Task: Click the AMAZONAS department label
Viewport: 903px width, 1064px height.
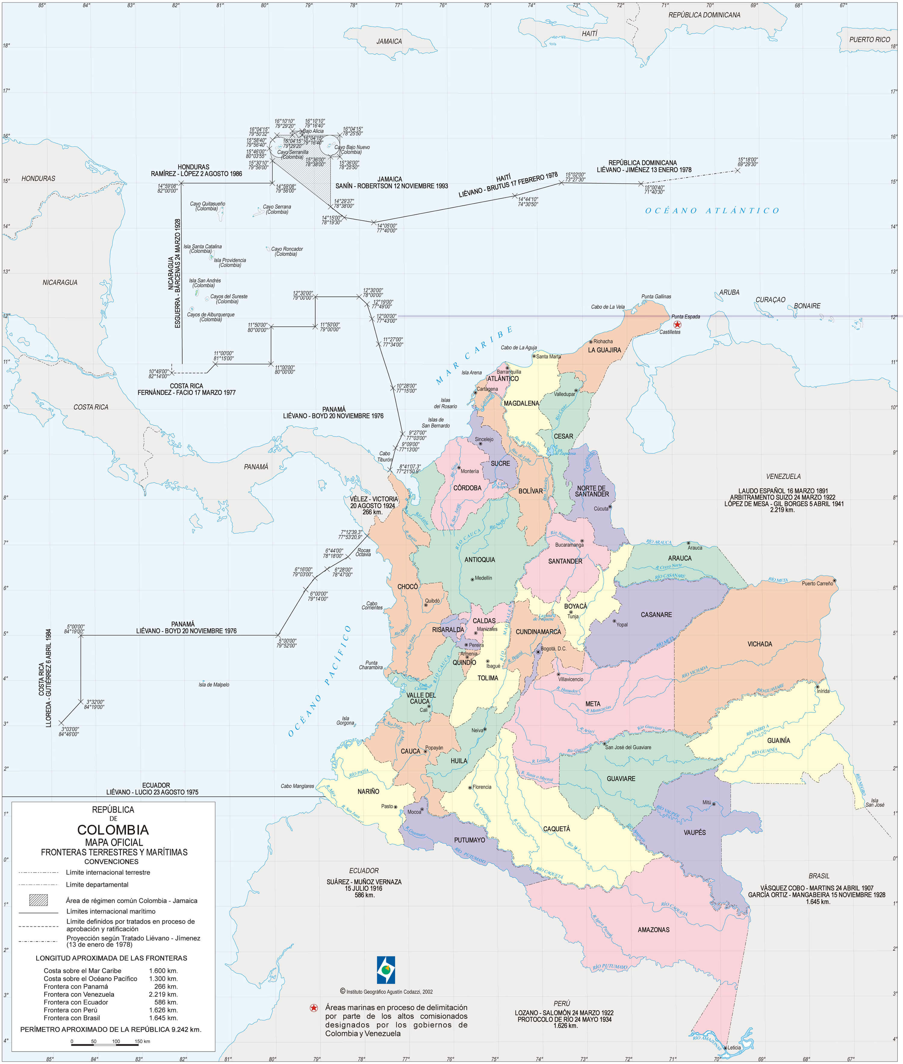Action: coord(653,929)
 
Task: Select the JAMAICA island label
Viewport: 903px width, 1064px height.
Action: coord(389,42)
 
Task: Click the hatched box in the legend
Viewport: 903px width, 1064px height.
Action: coord(39,900)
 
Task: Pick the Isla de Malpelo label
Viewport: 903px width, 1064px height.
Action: coord(214,685)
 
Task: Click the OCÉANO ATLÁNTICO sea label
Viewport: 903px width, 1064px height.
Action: coord(712,210)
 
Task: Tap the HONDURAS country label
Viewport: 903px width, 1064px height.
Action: coord(39,178)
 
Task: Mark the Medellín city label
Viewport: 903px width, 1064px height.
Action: coord(483,578)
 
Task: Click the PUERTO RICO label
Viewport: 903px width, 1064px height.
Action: coord(869,39)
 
